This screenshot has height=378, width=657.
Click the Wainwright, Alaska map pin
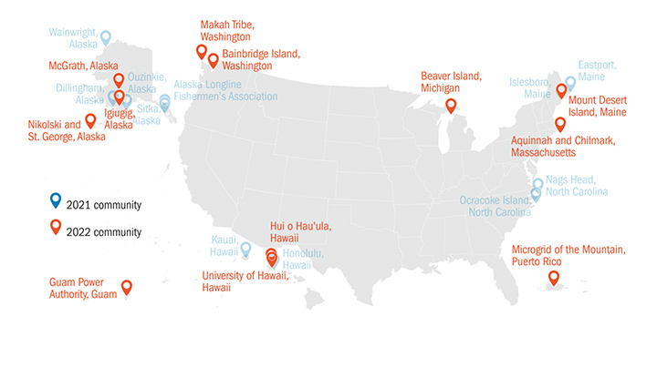(105, 37)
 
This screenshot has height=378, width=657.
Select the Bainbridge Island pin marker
(214, 61)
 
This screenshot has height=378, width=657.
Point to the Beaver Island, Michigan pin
(451, 106)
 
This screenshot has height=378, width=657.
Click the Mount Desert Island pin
(562, 91)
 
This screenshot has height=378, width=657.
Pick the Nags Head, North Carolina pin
(537, 185)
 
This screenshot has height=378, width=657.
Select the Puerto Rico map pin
(553, 285)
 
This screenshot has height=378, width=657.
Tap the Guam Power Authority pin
(126, 288)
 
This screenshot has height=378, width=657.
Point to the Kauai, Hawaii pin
(245, 248)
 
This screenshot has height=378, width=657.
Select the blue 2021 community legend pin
(55, 199)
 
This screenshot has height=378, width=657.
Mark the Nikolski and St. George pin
(90, 121)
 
